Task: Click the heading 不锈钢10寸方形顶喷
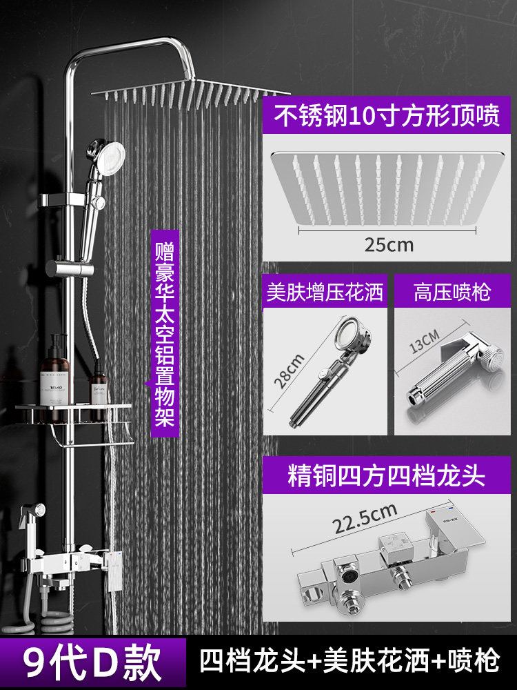(x=387, y=115)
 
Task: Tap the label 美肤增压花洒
(x=325, y=293)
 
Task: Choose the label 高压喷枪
(x=452, y=293)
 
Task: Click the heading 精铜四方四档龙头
(x=387, y=476)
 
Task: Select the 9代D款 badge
(x=93, y=662)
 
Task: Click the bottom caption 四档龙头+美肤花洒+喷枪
(x=349, y=662)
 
